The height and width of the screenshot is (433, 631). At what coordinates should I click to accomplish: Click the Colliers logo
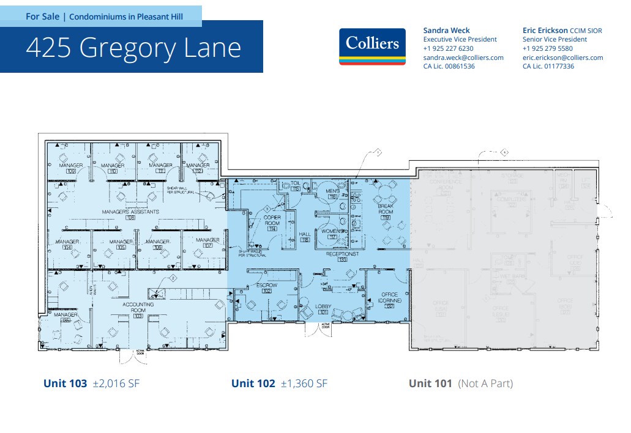click(372, 46)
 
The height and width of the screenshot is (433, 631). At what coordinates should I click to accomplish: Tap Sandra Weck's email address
click(463, 57)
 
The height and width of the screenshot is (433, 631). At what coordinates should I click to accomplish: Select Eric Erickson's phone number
click(547, 48)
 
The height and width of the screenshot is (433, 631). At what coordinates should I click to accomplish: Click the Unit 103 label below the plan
click(65, 383)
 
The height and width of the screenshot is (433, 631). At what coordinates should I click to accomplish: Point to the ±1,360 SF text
click(304, 383)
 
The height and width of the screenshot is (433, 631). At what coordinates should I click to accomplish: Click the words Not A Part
click(485, 383)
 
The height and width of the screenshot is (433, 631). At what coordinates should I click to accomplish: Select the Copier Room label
click(272, 220)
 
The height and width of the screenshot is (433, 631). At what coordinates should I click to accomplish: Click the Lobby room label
click(323, 306)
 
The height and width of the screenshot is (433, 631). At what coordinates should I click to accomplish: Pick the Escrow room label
click(267, 286)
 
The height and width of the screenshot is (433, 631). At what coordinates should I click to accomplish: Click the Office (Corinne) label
click(389, 298)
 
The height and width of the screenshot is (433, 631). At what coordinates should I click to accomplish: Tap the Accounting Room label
click(138, 305)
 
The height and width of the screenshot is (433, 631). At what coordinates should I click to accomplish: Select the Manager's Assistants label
click(130, 212)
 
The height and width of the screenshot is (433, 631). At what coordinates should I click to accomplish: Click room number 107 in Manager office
click(208, 246)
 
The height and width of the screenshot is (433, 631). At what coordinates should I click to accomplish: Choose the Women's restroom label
click(332, 231)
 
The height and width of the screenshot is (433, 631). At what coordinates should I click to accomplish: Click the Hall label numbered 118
click(305, 237)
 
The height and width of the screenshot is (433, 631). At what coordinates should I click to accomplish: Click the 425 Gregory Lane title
click(133, 48)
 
